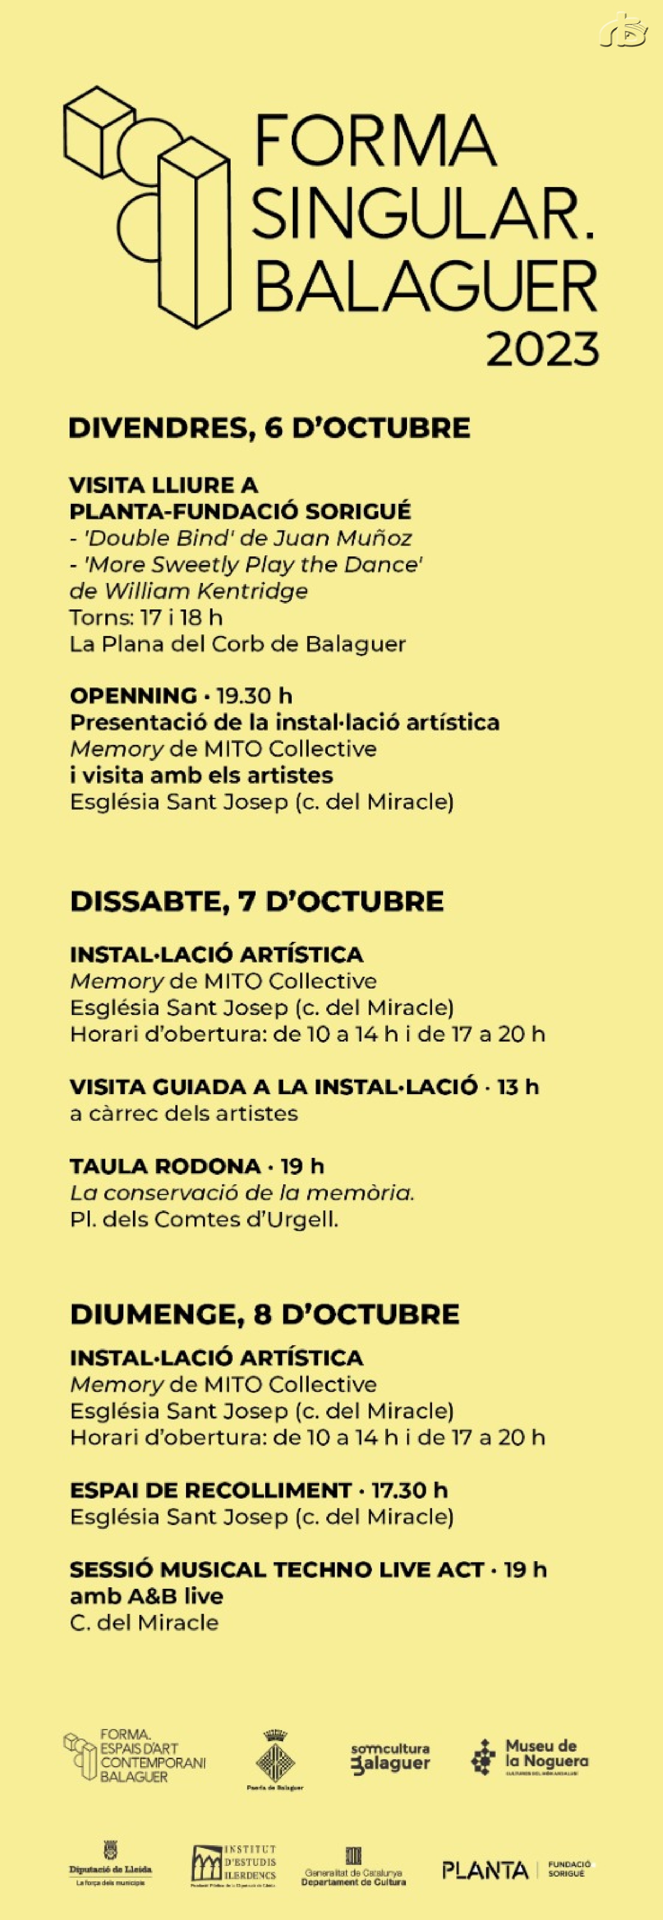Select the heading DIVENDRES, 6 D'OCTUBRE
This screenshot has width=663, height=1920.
(269, 428)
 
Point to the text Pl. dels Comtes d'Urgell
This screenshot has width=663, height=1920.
(204, 1219)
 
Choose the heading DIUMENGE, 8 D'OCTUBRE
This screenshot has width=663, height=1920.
(264, 1313)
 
